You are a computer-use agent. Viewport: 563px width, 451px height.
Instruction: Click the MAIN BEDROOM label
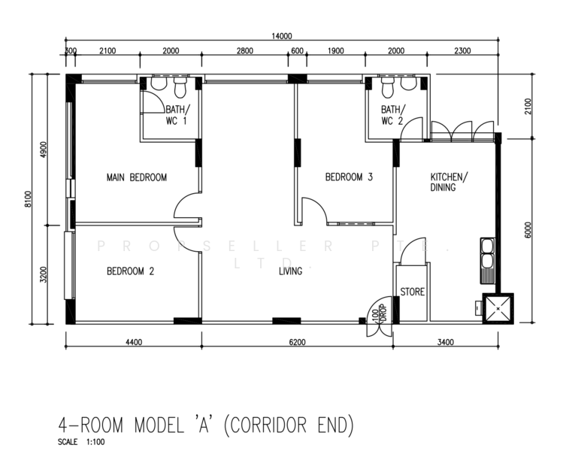click(x=137, y=177)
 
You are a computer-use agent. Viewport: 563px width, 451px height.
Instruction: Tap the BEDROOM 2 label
click(x=130, y=271)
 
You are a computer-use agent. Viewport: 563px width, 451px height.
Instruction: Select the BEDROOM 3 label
click(x=349, y=177)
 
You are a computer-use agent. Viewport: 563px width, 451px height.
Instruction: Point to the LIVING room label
click(x=290, y=271)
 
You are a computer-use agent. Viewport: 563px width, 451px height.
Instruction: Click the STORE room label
click(x=412, y=292)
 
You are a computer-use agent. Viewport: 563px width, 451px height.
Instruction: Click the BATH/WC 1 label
click(x=177, y=115)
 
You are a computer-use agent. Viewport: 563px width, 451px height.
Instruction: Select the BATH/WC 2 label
click(x=393, y=115)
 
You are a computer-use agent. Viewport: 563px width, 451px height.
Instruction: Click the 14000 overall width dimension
click(x=281, y=36)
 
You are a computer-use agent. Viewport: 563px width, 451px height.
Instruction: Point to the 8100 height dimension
click(x=29, y=198)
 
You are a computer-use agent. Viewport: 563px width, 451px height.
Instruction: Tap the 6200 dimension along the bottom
click(x=298, y=342)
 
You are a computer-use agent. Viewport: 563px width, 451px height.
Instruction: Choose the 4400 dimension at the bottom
click(x=134, y=342)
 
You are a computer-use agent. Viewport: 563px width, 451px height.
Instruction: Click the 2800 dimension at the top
click(x=245, y=51)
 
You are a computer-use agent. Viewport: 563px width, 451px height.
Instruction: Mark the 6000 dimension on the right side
click(x=528, y=230)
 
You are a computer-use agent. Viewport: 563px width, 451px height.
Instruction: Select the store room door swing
click(x=410, y=245)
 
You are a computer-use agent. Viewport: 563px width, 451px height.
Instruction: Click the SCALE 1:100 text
click(x=81, y=442)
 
